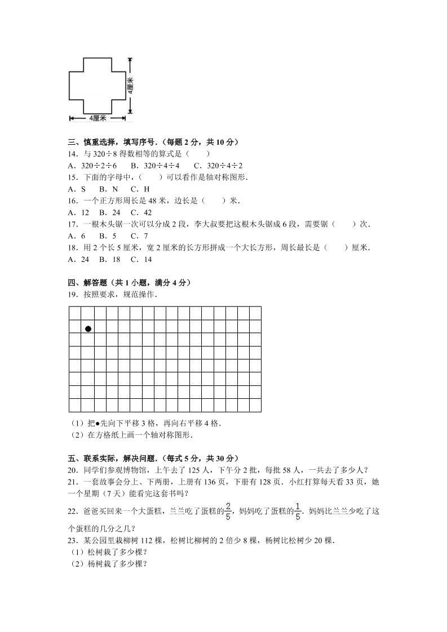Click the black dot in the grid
[x=88, y=328]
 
